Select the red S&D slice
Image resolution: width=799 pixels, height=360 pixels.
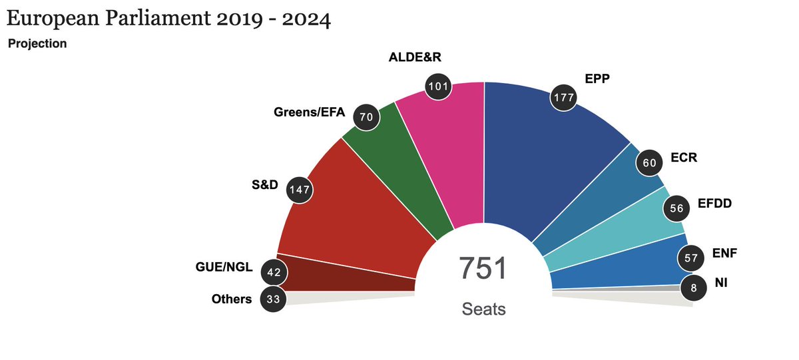click(353, 213)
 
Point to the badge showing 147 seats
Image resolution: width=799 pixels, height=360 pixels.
click(300, 191)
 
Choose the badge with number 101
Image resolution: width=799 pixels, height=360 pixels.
click(439, 86)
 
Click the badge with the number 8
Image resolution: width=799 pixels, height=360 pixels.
click(693, 288)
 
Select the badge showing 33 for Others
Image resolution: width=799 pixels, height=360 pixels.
click(273, 299)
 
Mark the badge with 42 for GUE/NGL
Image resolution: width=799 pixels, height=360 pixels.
click(274, 271)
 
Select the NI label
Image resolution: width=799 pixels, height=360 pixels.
click(721, 283)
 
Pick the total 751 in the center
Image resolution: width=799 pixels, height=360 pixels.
click(483, 269)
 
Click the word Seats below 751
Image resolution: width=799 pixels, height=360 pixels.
click(483, 309)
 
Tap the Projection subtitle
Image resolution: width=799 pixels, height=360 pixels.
click(37, 44)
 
